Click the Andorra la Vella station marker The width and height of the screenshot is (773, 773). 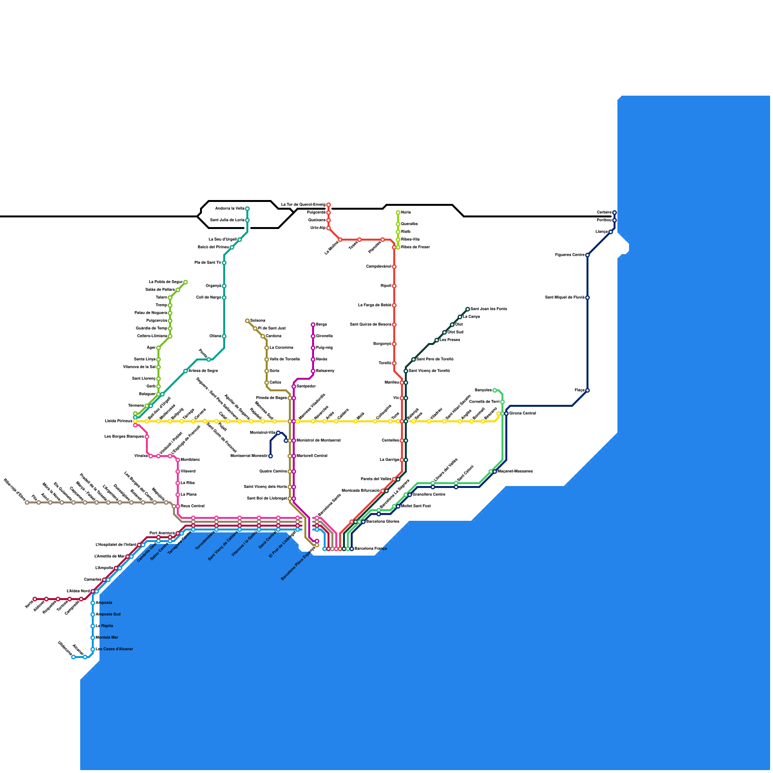click(x=247, y=209)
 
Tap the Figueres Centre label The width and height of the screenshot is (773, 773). click(x=570, y=255)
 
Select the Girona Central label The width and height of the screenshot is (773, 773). click(x=522, y=414)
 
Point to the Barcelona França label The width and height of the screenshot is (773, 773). click(x=371, y=549)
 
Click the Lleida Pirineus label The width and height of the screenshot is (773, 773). click(x=118, y=421)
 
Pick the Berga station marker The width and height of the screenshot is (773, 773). click(x=313, y=325)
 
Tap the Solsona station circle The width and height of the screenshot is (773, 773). click(x=247, y=321)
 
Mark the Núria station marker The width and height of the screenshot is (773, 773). click(x=398, y=213)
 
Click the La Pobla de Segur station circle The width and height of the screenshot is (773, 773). click(x=186, y=282)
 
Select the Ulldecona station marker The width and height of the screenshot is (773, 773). click(x=73, y=657)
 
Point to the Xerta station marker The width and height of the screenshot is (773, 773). click(x=35, y=599)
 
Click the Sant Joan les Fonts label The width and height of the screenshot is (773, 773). click(x=488, y=309)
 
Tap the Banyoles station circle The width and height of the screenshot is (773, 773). click(x=495, y=390)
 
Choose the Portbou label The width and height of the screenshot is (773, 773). click(x=604, y=220)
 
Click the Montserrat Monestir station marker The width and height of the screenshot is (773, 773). click(x=271, y=456)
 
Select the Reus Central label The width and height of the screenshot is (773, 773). click(x=192, y=506)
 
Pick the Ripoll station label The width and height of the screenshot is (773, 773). click(x=386, y=286)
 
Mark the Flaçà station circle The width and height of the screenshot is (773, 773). click(x=587, y=390)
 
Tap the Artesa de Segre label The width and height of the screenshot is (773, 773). click(x=202, y=371)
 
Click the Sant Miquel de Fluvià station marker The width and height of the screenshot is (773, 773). click(x=587, y=298)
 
